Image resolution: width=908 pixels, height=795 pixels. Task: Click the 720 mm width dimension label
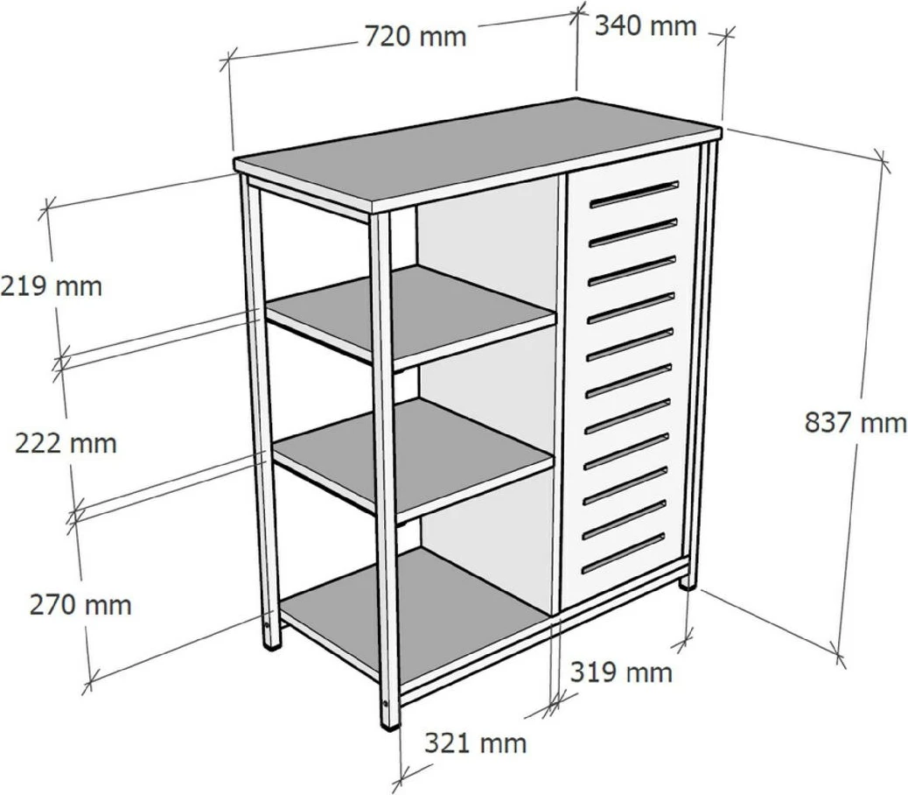point(416,37)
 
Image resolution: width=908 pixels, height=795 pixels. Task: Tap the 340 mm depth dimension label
point(645,26)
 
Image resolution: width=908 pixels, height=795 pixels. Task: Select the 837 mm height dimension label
point(856,422)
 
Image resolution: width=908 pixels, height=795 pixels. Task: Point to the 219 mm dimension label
point(52,285)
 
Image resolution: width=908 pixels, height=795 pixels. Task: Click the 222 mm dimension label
point(66,443)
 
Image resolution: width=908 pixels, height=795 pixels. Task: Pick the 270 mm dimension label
point(80,605)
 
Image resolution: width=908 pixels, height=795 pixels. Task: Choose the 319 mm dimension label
point(621,672)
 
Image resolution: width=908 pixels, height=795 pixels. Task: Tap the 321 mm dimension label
point(475,742)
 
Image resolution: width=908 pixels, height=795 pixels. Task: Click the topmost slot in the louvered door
point(633,194)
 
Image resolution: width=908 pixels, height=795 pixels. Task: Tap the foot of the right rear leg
point(688,582)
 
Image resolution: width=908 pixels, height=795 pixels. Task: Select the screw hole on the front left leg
point(267,626)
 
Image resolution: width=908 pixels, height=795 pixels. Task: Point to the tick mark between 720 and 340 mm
point(576,14)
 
